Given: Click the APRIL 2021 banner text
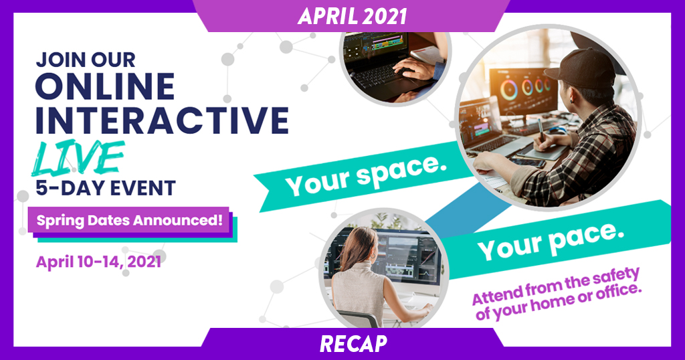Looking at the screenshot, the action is pyautogui.click(x=352, y=16).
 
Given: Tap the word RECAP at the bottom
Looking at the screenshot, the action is pyautogui.click(x=353, y=344).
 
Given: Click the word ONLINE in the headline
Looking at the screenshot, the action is pyautogui.click(x=105, y=86).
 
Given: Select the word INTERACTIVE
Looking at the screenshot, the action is pyautogui.click(x=162, y=119).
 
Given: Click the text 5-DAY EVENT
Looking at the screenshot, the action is pyautogui.click(x=106, y=188).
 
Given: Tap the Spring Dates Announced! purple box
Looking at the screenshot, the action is pyautogui.click(x=128, y=219).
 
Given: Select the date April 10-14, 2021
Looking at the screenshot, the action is pyautogui.click(x=99, y=262).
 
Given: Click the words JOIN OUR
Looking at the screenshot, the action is pyautogui.click(x=86, y=60).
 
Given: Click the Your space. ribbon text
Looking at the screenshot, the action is pyautogui.click(x=366, y=175).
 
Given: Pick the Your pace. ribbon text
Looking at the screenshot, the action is pyautogui.click(x=551, y=240).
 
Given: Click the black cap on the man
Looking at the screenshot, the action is pyautogui.click(x=581, y=70).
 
